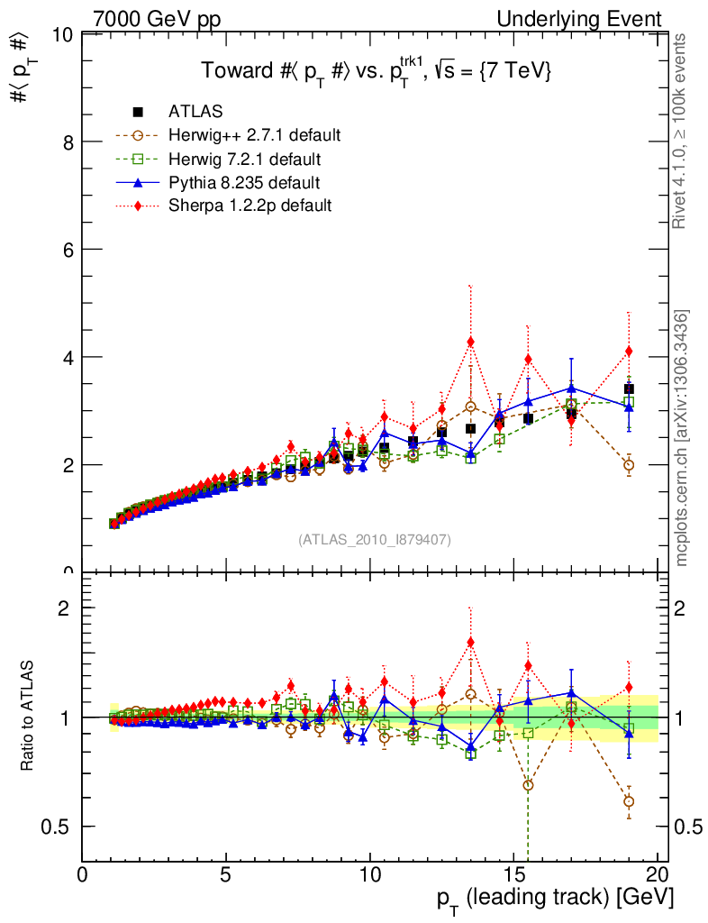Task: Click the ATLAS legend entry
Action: [x=195, y=112]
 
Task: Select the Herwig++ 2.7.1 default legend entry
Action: [x=253, y=135]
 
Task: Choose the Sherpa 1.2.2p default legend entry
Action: [x=250, y=206]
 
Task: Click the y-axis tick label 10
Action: [x=63, y=35]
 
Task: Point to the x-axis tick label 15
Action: [x=513, y=875]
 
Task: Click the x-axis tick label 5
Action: [x=226, y=875]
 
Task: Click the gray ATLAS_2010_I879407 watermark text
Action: [x=375, y=540]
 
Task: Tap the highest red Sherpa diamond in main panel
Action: [x=470, y=342]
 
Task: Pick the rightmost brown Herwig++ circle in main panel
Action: [x=629, y=465]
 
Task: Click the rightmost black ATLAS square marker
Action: [x=629, y=389]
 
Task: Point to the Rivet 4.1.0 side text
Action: [x=682, y=131]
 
